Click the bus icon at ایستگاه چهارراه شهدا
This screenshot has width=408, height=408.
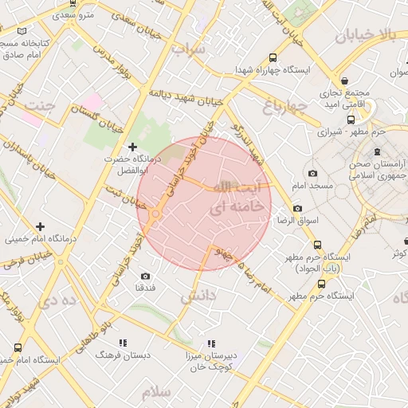[x=273, y=57]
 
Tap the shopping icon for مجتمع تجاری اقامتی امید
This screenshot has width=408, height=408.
[x=344, y=80]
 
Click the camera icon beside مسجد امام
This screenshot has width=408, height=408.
[x=312, y=173]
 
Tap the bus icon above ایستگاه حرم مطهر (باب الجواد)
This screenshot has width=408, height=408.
[x=317, y=245]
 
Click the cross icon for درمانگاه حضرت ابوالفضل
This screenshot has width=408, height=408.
[x=132, y=147]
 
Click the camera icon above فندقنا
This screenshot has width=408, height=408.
[x=145, y=276]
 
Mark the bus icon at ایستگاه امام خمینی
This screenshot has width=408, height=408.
[x=18, y=347]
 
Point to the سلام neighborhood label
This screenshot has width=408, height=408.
[x=156, y=393]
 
